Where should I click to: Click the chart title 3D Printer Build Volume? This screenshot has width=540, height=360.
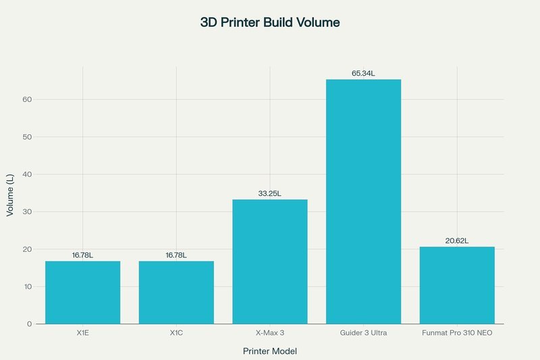tap(269, 22)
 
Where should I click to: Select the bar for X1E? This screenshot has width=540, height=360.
tap(82, 292)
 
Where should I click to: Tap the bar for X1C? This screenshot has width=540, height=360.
tap(176, 292)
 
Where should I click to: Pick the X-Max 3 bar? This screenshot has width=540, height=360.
tap(269, 262)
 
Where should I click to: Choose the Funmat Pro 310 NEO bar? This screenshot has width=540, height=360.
tap(457, 285)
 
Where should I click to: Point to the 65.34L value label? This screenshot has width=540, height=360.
tap(363, 73)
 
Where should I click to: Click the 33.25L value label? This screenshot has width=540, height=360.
tap(269, 193)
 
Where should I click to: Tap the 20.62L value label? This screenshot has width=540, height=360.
tap(457, 240)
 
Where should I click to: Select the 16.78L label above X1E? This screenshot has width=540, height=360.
tap(82, 255)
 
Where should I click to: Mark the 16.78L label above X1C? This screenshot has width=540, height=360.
tap(176, 255)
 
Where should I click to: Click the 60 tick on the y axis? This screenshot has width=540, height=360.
tap(27, 99)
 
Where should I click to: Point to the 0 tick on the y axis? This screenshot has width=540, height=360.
tap(30, 324)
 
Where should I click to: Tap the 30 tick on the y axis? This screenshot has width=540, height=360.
tap(27, 212)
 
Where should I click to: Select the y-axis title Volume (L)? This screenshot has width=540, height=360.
tap(10, 195)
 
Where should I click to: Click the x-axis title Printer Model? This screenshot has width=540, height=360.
tap(269, 351)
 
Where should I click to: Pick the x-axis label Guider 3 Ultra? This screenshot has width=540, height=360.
tap(363, 333)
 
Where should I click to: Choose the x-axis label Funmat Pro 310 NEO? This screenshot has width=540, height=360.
tap(457, 333)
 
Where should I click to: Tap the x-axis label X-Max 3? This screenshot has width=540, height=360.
tap(269, 333)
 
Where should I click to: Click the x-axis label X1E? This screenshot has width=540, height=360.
tap(82, 333)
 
